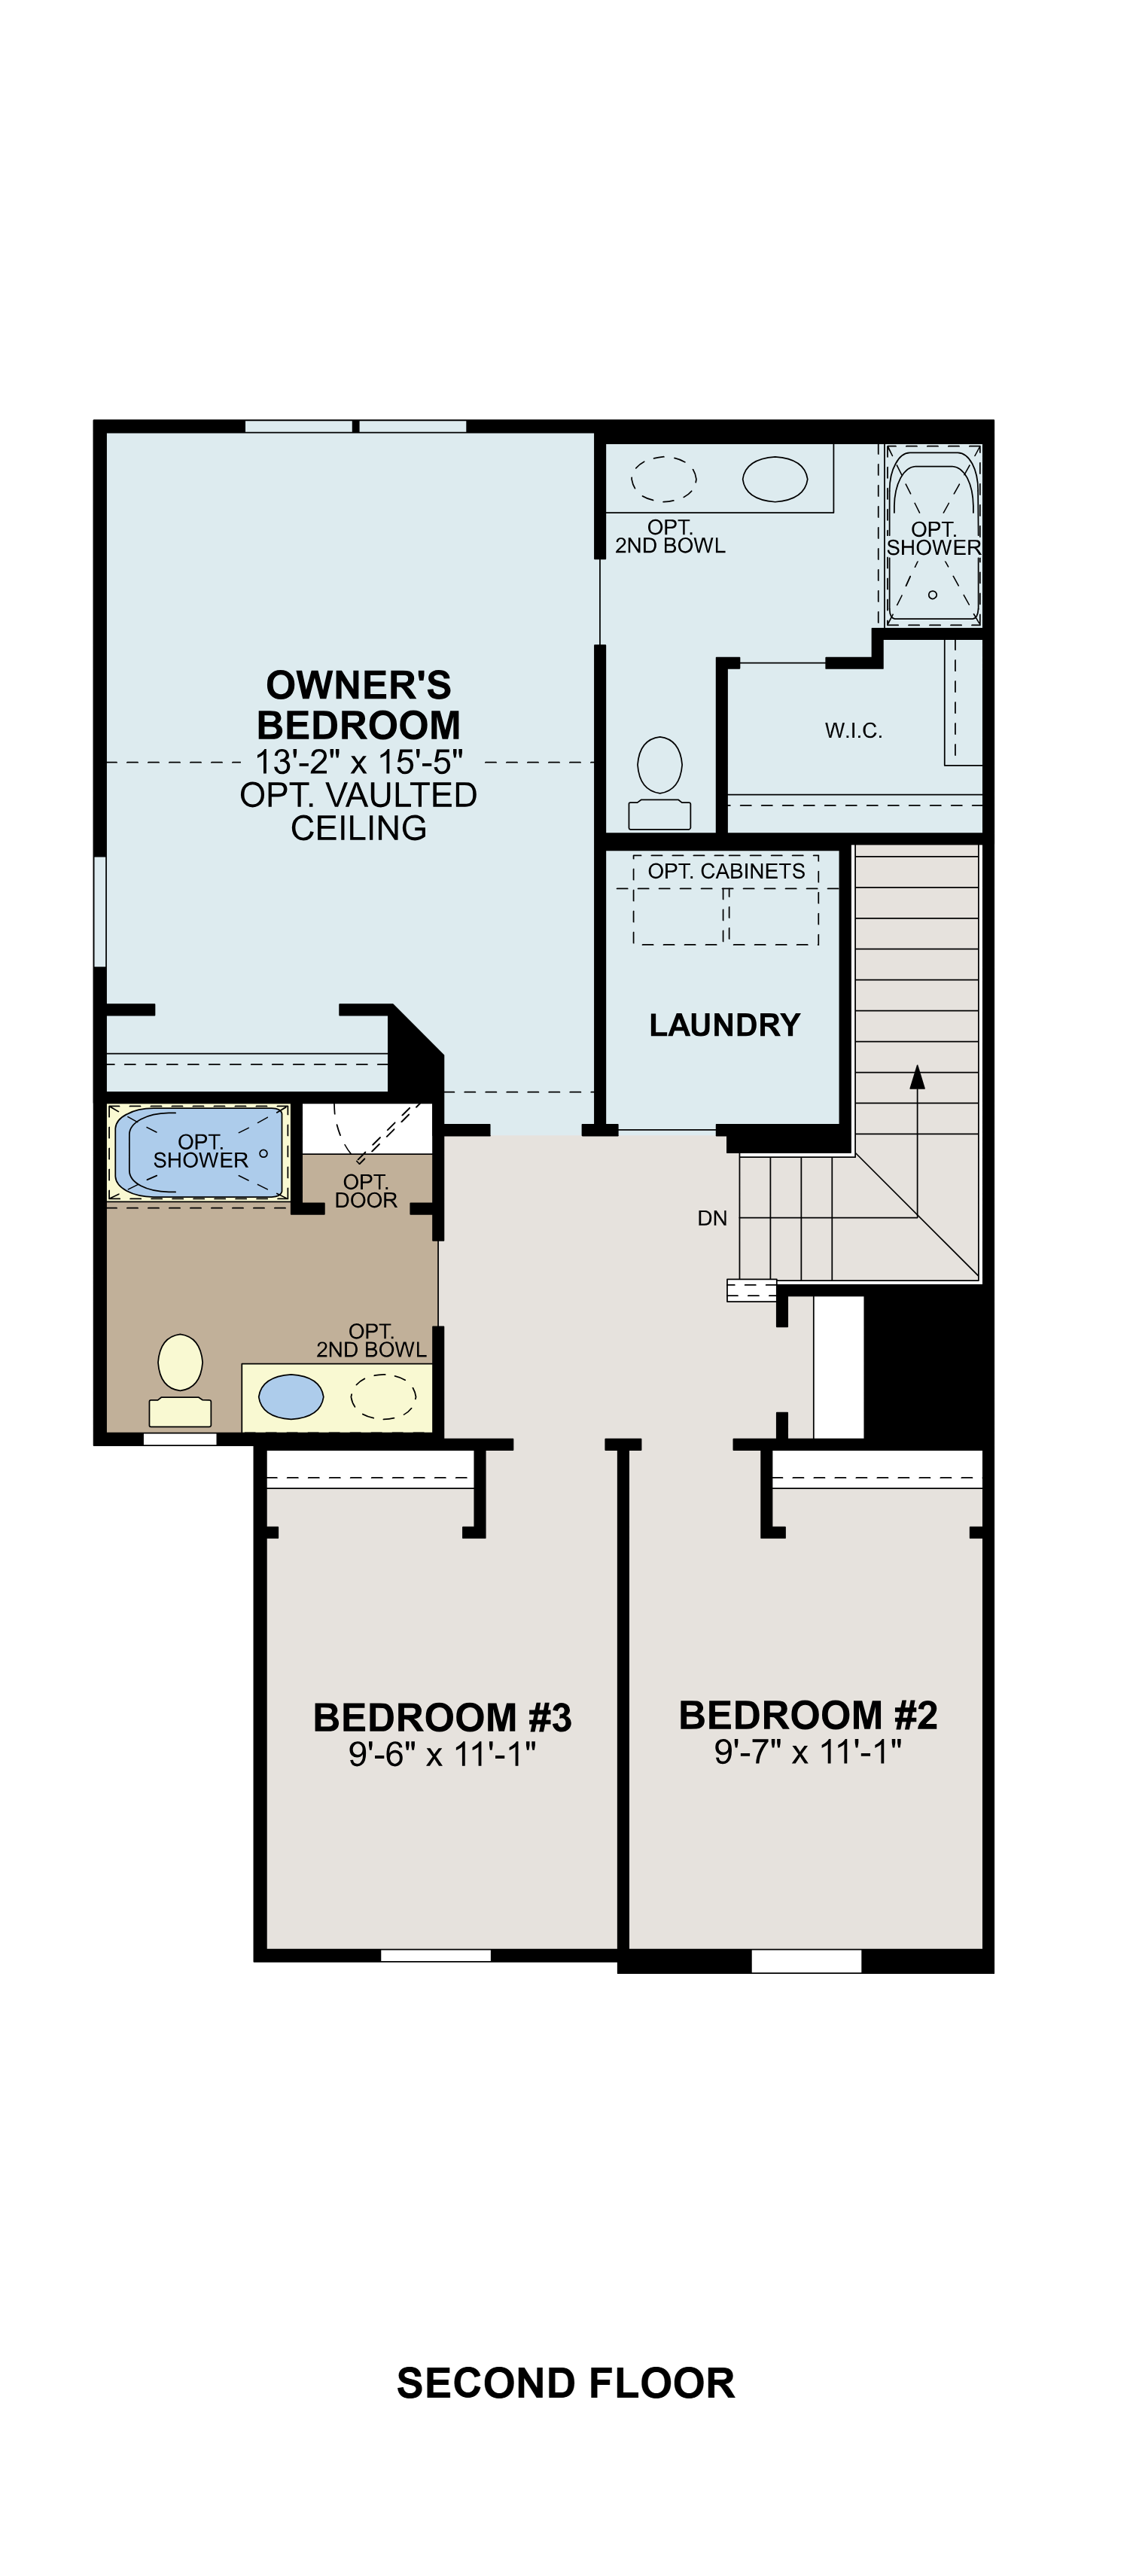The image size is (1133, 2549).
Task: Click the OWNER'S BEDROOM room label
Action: click(x=358, y=705)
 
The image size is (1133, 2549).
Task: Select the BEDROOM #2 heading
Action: click(x=808, y=1715)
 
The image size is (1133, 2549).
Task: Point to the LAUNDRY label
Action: click(x=724, y=1024)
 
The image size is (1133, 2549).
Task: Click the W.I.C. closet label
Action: click(x=853, y=730)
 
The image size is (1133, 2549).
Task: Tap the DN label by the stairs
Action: click(x=712, y=1218)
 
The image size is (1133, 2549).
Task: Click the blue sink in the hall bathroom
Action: click(x=291, y=1397)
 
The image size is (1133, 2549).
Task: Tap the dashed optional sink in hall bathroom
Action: click(x=384, y=1397)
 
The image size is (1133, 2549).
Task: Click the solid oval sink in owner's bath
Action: click(x=775, y=479)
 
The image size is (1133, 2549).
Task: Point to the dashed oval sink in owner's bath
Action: click(x=663, y=479)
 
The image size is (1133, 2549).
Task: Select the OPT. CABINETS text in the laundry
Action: click(x=726, y=871)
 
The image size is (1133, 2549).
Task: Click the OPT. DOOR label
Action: click(x=366, y=1190)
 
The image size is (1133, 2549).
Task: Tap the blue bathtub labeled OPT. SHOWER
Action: click(x=200, y=1153)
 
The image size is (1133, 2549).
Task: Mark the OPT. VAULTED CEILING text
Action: click(x=358, y=811)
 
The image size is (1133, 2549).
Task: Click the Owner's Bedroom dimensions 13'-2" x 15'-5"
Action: click(x=358, y=762)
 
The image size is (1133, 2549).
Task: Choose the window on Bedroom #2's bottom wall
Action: click(x=806, y=1960)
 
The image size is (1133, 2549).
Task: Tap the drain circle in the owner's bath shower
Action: click(x=932, y=595)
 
